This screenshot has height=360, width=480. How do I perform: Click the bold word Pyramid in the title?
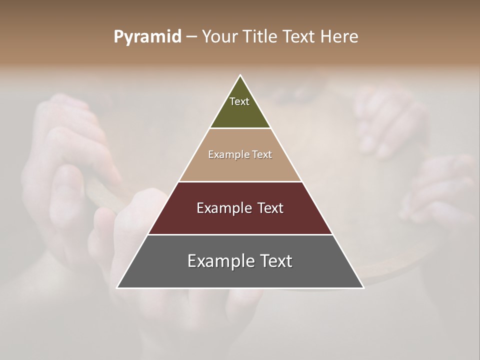pos(147,37)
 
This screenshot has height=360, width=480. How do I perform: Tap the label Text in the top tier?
pos(239,101)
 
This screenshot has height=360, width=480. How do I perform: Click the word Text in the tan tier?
pos(262,154)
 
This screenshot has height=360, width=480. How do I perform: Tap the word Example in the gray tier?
pos(220,261)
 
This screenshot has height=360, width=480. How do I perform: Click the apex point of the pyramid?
pos(240,76)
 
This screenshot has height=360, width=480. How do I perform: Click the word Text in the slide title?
pos(298,37)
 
